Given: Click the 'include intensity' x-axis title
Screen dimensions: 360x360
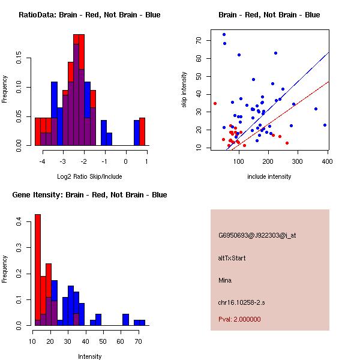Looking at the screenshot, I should [x=269, y=177].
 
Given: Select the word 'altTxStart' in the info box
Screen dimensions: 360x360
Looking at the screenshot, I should [x=232, y=258].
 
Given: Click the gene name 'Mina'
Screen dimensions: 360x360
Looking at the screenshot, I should [x=225, y=280].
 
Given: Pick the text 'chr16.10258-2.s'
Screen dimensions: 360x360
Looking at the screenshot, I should [x=239, y=302].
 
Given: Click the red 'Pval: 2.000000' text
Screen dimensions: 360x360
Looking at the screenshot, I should [x=239, y=319].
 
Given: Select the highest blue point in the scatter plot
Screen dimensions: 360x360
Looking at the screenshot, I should [x=224, y=34].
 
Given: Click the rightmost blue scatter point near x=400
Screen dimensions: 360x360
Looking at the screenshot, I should [x=325, y=125].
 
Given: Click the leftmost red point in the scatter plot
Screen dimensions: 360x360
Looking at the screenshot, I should [x=215, y=103].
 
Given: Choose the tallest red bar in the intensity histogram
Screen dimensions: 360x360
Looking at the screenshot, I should [x=38, y=270].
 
